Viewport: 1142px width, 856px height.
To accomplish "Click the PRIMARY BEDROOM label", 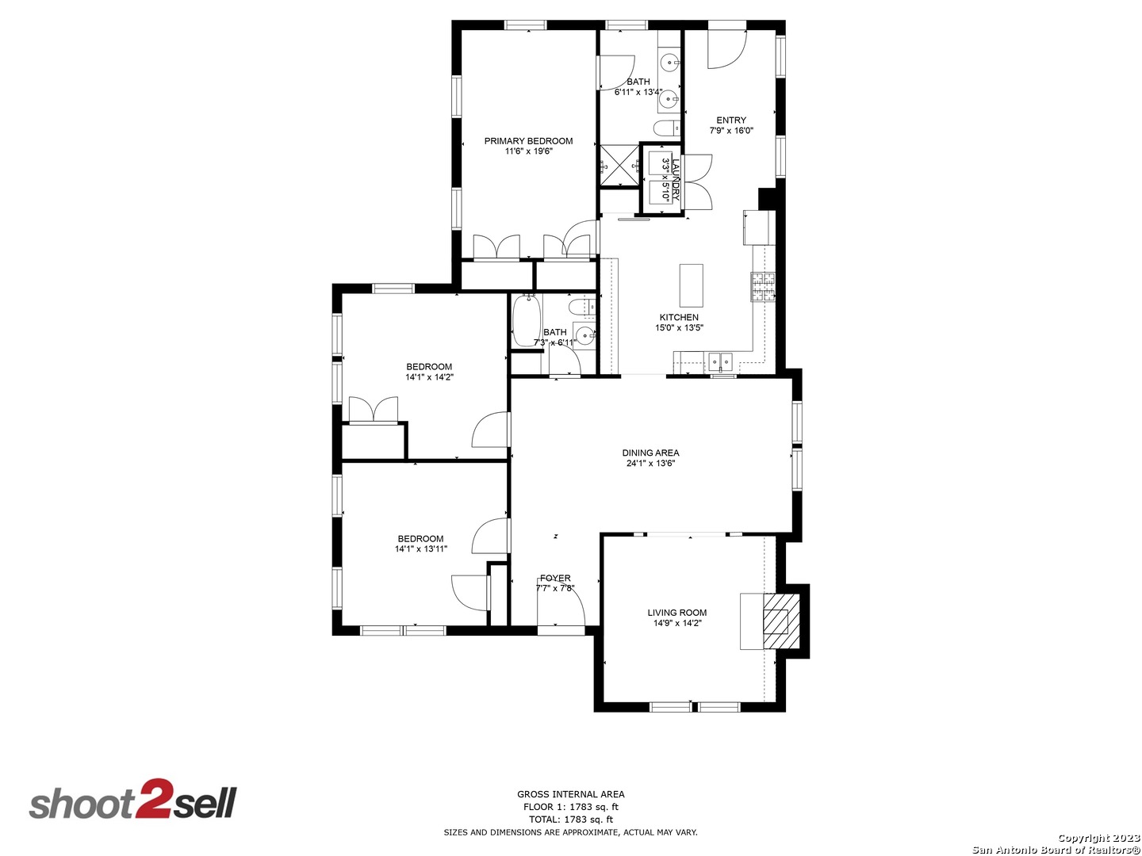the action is (x=528, y=141).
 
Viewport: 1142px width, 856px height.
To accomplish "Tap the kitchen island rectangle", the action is (x=692, y=285).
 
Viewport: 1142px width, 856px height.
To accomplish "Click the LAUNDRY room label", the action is (x=676, y=181).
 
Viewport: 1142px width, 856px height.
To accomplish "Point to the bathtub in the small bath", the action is (x=527, y=321).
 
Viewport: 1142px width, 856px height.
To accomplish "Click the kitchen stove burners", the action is (x=763, y=287).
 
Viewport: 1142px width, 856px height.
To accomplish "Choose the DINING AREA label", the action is (x=650, y=453).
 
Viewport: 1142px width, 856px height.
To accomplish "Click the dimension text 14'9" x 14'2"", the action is (x=677, y=623).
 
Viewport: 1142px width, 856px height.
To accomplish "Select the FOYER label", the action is (x=555, y=578).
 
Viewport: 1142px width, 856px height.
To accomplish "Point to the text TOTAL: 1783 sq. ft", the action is (x=571, y=820).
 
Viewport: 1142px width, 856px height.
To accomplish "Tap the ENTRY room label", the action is (x=731, y=120).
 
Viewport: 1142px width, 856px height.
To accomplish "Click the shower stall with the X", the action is (x=619, y=166).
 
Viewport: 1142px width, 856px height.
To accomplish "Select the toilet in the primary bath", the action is (x=666, y=128).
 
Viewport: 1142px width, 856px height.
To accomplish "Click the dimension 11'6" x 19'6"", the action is (x=528, y=151).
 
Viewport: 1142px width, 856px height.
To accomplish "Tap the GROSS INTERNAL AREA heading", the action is (x=571, y=794).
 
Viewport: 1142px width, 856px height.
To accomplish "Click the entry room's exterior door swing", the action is (x=727, y=49).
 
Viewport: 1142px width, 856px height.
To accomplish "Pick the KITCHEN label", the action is (x=679, y=317).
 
